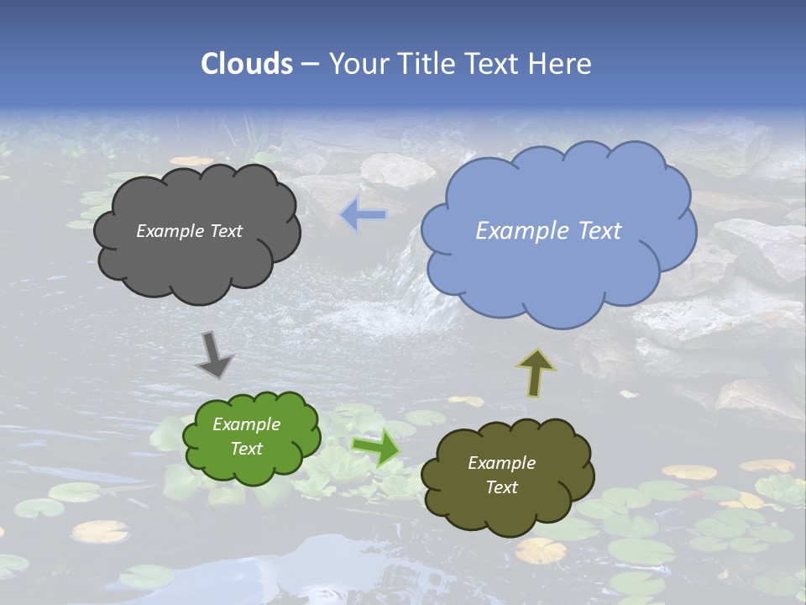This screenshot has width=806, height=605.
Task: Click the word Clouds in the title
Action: [x=246, y=64]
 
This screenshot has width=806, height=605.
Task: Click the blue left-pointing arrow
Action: [x=364, y=216]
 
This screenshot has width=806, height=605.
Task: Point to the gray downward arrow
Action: [x=214, y=355]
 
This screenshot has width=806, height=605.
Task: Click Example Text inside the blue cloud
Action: [x=548, y=231]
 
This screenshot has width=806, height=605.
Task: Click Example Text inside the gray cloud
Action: [x=189, y=231]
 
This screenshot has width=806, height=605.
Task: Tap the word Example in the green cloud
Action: [x=246, y=424]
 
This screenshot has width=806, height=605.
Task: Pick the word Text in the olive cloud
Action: [x=501, y=487]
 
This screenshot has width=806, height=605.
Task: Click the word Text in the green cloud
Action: [x=246, y=449]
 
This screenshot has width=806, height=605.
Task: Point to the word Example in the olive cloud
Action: [x=501, y=463]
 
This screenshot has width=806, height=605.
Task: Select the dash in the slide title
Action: [x=309, y=64]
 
